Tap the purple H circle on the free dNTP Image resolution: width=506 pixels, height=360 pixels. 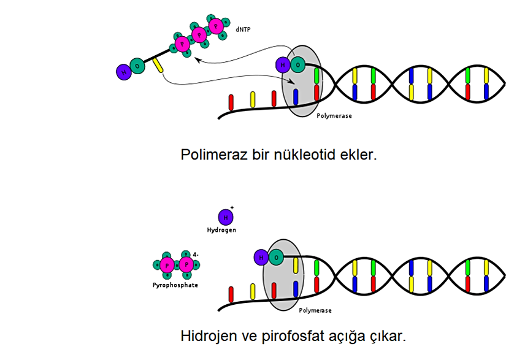coord(124,72)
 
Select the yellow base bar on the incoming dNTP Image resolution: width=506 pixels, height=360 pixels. coord(158,65)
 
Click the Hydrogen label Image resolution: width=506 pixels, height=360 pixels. coord(221,230)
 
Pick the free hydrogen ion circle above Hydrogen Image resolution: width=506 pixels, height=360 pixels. coord(226,217)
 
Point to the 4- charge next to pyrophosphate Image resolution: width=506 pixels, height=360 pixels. coord(195,255)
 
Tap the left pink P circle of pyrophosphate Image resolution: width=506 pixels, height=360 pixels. coord(166,265)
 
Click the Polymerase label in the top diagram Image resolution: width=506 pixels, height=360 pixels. coord(334,115)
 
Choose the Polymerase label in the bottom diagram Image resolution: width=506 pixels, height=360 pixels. coord(315,310)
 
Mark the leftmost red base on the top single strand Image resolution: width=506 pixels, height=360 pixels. coord(231,101)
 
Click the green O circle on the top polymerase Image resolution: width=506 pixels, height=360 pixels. coord(297,64)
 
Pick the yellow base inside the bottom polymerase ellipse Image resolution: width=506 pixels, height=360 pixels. coord(295,265)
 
